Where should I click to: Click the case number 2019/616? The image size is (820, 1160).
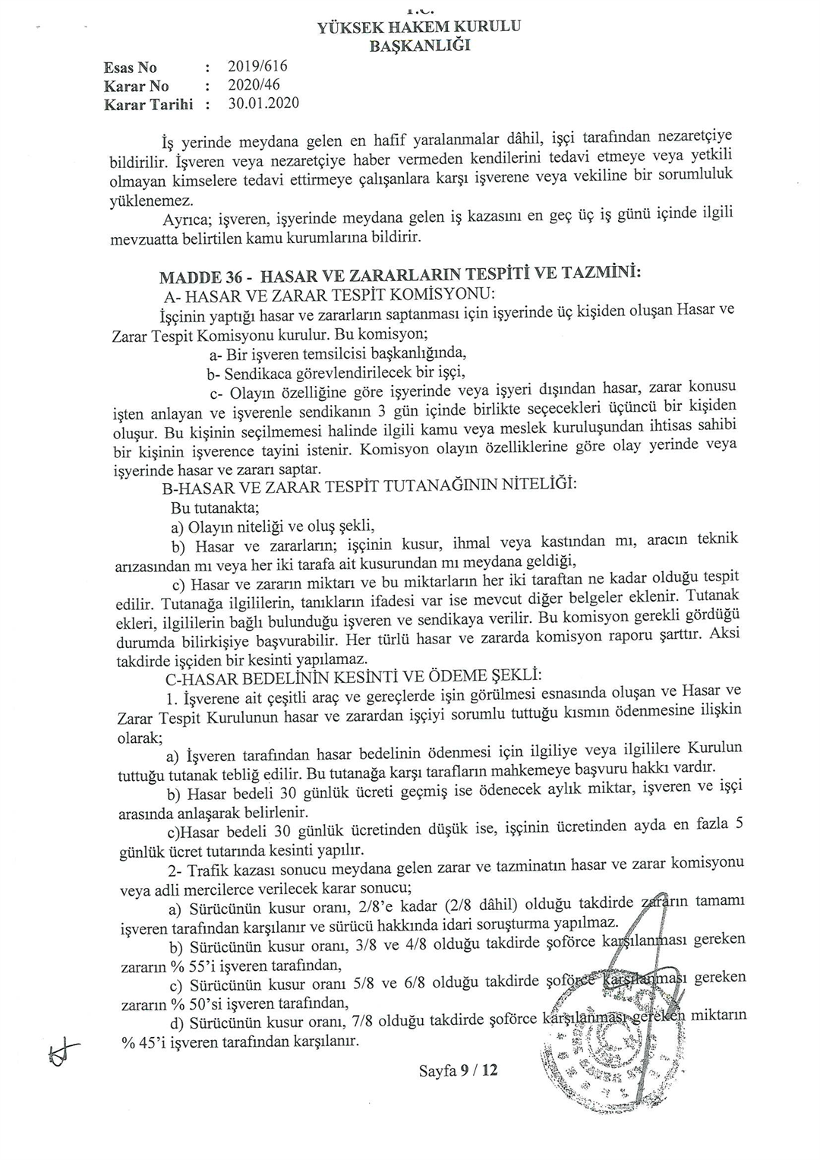point(257,66)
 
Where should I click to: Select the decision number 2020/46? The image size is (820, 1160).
point(254,84)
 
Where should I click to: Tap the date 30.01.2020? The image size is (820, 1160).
point(263,103)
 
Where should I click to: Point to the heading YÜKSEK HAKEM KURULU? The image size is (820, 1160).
point(419,27)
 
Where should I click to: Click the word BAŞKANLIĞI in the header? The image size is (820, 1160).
point(419,45)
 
